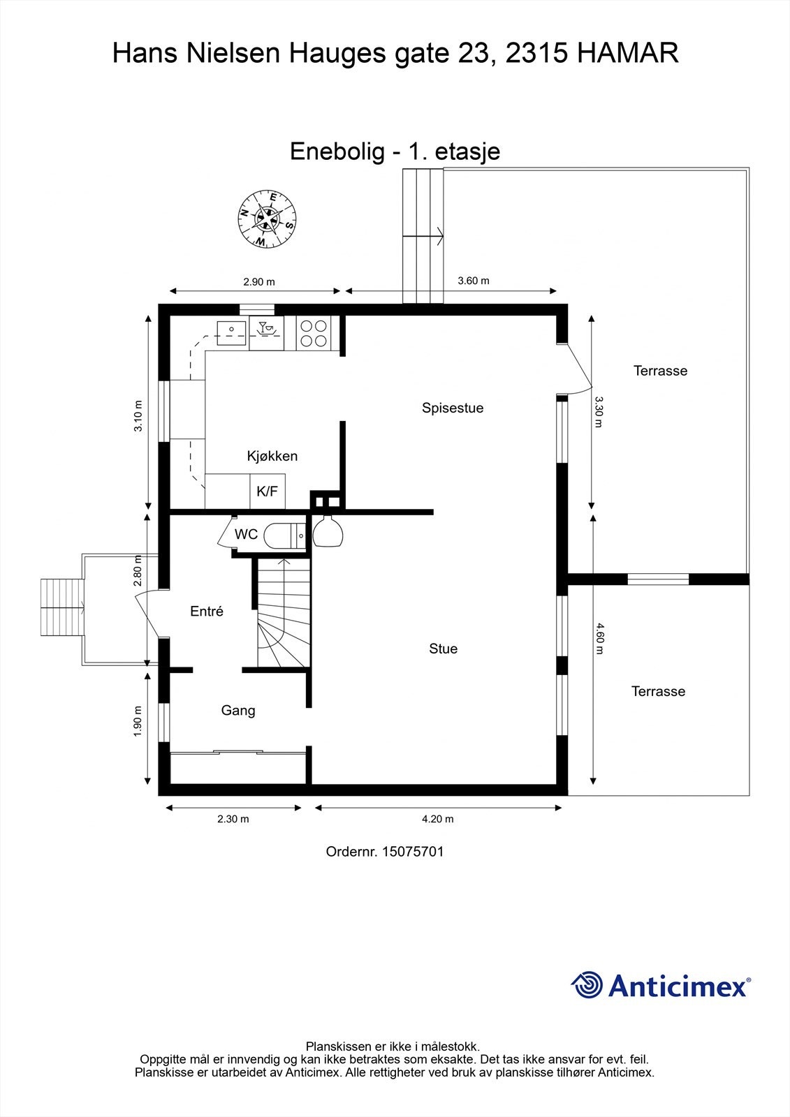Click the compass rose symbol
(x=267, y=219)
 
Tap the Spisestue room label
(x=453, y=408)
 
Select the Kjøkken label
(x=272, y=456)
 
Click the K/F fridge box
(x=268, y=491)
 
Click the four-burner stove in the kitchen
(x=313, y=332)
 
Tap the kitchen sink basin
(x=230, y=334)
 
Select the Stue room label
(x=443, y=649)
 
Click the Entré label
(x=207, y=612)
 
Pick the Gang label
(x=238, y=711)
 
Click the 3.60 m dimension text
(x=473, y=281)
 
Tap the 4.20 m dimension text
(x=437, y=819)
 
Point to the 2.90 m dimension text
(x=258, y=282)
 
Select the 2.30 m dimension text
(x=233, y=819)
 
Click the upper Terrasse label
(x=660, y=371)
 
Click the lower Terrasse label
(x=658, y=691)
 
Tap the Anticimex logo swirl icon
(x=587, y=985)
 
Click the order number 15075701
(x=413, y=852)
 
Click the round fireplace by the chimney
(x=327, y=533)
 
